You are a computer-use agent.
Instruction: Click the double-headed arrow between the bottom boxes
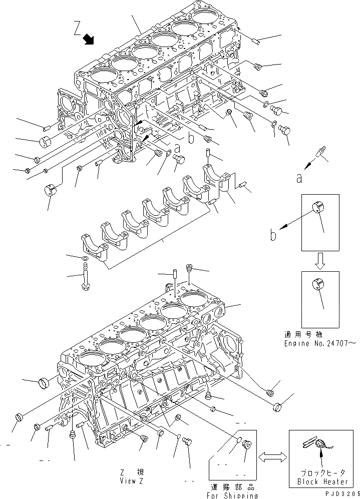pyautogui.click(x=273, y=457)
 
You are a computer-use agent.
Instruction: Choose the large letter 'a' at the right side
pyautogui.click(x=299, y=178)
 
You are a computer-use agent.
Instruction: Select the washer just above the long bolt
pyautogui.click(x=86, y=258)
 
